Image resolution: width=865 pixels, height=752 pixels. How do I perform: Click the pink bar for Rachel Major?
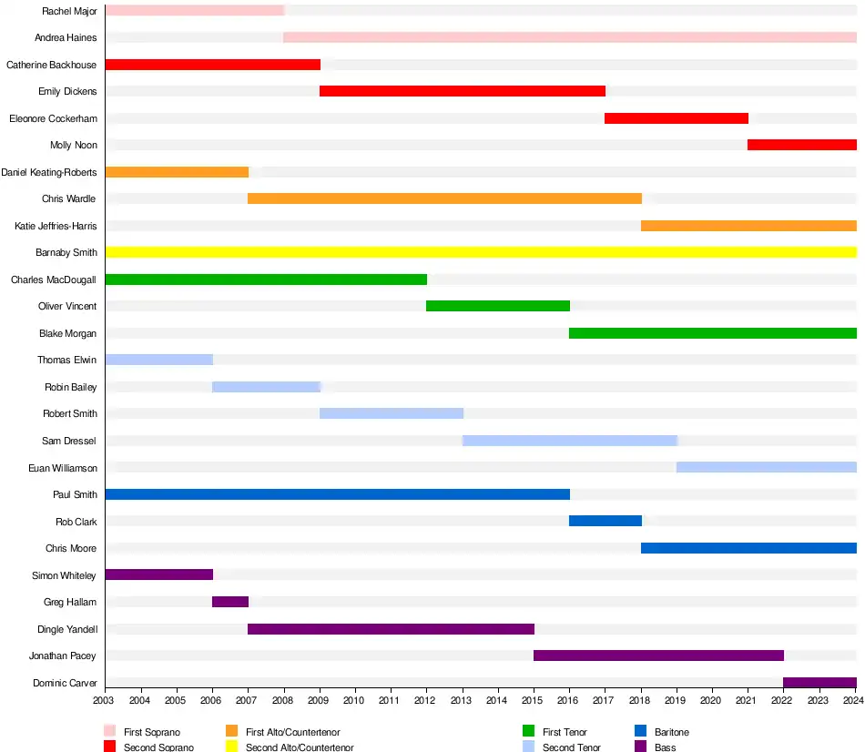194,11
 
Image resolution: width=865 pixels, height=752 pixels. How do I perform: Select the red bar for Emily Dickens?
463,91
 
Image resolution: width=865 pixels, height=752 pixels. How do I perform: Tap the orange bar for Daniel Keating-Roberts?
177,172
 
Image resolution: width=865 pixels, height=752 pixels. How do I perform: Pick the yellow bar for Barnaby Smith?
481,252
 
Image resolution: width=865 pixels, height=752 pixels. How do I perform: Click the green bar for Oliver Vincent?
498,306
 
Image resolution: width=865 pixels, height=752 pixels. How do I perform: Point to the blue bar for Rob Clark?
605,521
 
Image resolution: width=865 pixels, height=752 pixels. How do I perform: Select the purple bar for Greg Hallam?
230,602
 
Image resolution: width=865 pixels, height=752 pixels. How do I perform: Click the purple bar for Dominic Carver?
819,683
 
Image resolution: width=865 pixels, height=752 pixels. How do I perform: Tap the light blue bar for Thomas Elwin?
159,360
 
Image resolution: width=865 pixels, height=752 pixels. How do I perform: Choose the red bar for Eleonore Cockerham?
677,118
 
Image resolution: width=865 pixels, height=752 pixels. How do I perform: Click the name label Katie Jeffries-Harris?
56,226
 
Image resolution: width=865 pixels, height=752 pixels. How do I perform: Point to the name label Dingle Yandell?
66,629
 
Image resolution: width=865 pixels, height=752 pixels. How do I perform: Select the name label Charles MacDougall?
54,279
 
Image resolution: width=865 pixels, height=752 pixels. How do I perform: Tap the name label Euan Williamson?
62,468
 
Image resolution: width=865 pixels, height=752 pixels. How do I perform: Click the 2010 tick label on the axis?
354,700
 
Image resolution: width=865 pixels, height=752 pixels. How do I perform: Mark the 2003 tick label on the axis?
105,700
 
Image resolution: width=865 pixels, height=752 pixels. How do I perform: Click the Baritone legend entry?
671,732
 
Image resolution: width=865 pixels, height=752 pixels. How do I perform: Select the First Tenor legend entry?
565,732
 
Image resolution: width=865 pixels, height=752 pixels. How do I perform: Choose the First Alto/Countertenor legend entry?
292,732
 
